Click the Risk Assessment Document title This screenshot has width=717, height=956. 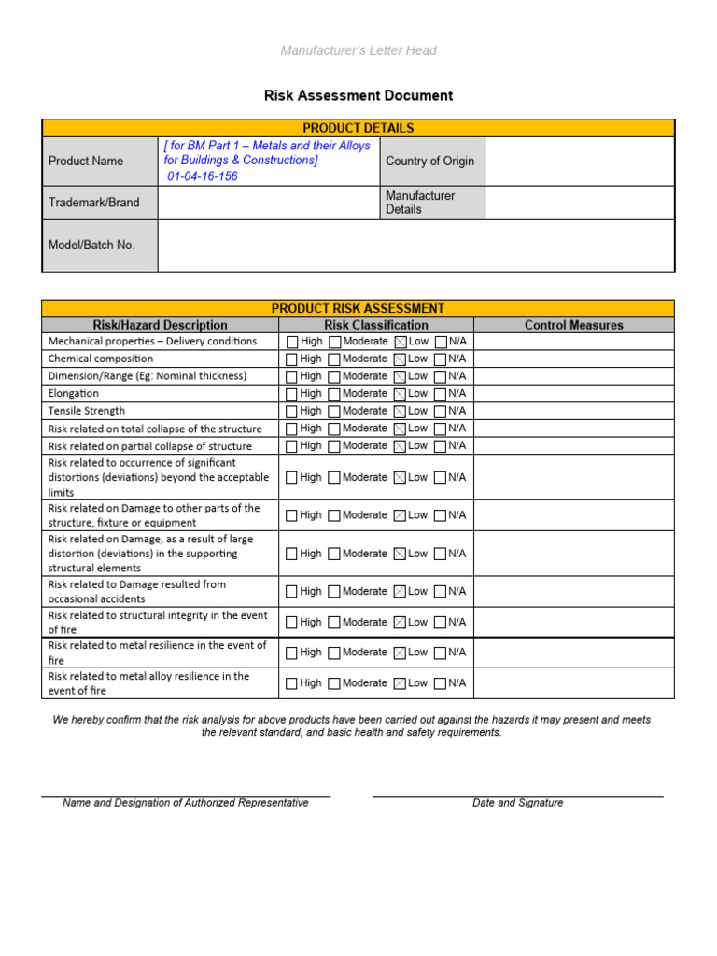(358, 95)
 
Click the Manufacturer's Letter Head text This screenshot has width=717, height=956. (358, 50)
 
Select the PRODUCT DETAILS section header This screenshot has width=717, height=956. (358, 128)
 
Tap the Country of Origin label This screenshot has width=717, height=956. (429, 161)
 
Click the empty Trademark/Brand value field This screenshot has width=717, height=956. (269, 202)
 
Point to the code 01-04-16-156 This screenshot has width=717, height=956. (203, 176)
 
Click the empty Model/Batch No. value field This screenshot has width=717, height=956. (415, 245)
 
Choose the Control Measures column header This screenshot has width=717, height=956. (573, 325)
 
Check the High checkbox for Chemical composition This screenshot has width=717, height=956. (292, 359)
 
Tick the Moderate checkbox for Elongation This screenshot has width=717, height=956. (334, 394)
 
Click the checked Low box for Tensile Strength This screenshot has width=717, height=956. (401, 412)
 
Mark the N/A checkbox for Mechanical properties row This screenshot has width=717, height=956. (441, 342)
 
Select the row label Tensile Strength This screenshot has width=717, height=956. (87, 411)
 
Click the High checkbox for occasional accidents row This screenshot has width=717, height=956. (292, 592)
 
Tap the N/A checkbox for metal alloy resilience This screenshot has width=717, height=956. (441, 683)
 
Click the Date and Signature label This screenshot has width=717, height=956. (517, 803)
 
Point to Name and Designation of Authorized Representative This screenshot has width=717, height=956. (185, 803)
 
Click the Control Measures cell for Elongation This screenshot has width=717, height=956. (573, 394)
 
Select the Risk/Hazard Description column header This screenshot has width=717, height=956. (160, 325)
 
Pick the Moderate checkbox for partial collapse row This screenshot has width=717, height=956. (334, 446)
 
